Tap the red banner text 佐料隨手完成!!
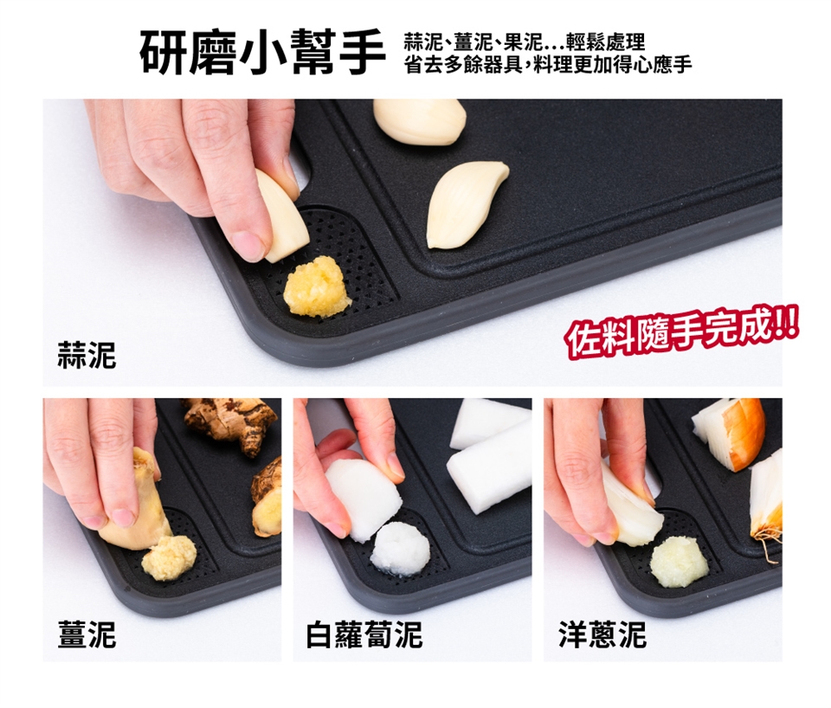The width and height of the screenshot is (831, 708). [681, 333]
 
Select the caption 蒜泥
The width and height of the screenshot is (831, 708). [87, 355]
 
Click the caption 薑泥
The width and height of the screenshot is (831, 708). [87, 634]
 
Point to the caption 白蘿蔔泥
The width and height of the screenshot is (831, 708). [364, 634]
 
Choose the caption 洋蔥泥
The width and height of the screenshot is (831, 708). [602, 634]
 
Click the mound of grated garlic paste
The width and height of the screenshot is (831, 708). [317, 287]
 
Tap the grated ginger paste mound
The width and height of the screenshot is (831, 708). [169, 557]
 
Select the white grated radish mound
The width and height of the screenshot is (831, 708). [400, 548]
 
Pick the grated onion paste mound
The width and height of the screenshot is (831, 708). [680, 561]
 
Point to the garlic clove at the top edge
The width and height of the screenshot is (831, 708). [419, 121]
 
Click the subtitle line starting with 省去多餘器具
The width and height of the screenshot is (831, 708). [547, 65]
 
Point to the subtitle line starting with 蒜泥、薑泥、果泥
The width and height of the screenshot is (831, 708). [525, 41]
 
